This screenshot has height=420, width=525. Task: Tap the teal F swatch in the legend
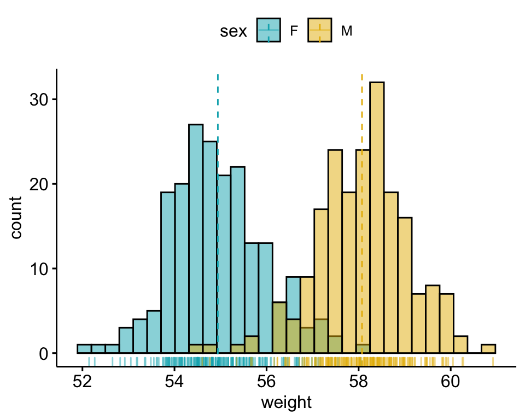click(268, 31)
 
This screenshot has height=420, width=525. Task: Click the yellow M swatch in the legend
click(319, 31)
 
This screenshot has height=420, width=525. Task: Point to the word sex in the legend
click(232, 32)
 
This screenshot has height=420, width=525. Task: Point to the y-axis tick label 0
click(43, 354)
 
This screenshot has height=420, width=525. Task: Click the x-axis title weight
click(286, 403)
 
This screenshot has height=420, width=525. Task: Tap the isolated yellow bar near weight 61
click(488, 349)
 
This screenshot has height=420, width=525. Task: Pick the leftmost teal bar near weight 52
click(84, 349)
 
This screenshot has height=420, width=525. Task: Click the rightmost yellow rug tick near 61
click(493, 361)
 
